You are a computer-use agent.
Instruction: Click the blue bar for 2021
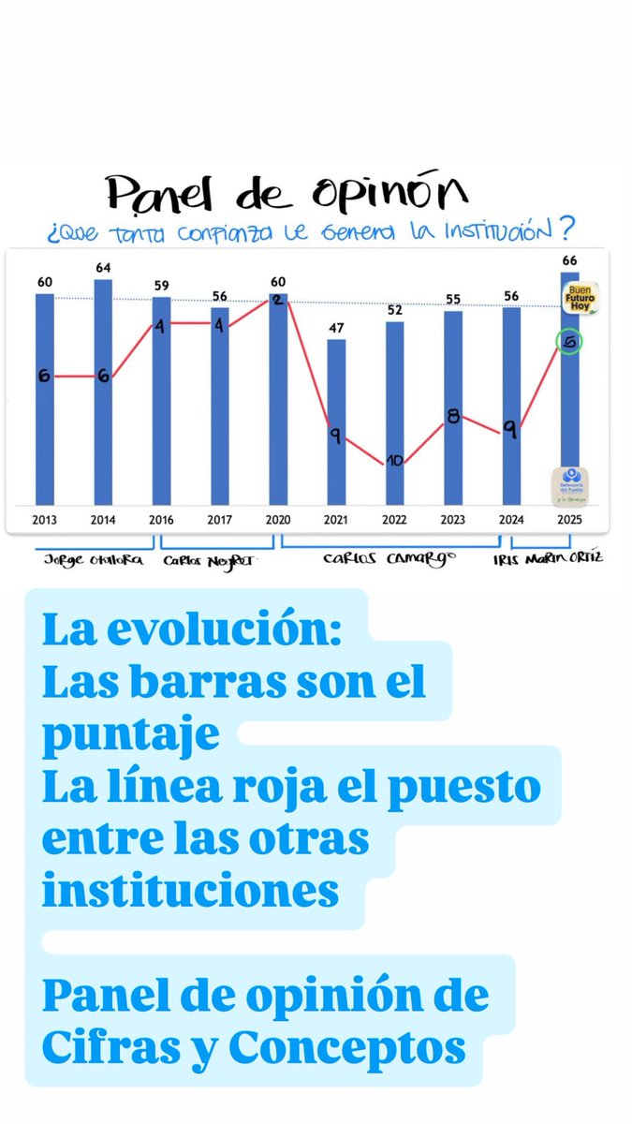click(336, 421)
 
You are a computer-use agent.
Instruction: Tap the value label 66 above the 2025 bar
click(568, 259)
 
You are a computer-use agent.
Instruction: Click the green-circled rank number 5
click(568, 343)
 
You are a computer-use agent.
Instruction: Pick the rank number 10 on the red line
click(394, 460)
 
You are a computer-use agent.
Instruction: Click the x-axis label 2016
click(161, 519)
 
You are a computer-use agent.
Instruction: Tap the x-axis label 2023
click(452, 519)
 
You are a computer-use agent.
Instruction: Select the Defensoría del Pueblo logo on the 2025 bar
click(569, 485)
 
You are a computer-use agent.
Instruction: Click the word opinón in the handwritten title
click(405, 193)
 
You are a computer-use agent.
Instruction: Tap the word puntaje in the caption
click(130, 735)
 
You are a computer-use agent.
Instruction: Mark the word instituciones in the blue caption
click(190, 891)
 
